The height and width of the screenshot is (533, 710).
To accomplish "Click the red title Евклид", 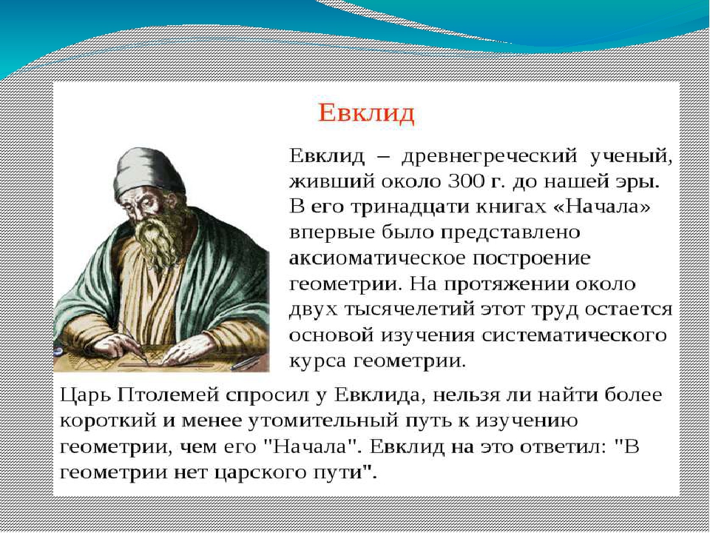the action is click(x=366, y=113).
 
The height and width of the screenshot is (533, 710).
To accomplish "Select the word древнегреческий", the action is click(x=490, y=157).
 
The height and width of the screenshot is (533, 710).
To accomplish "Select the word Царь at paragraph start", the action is click(x=86, y=396).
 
